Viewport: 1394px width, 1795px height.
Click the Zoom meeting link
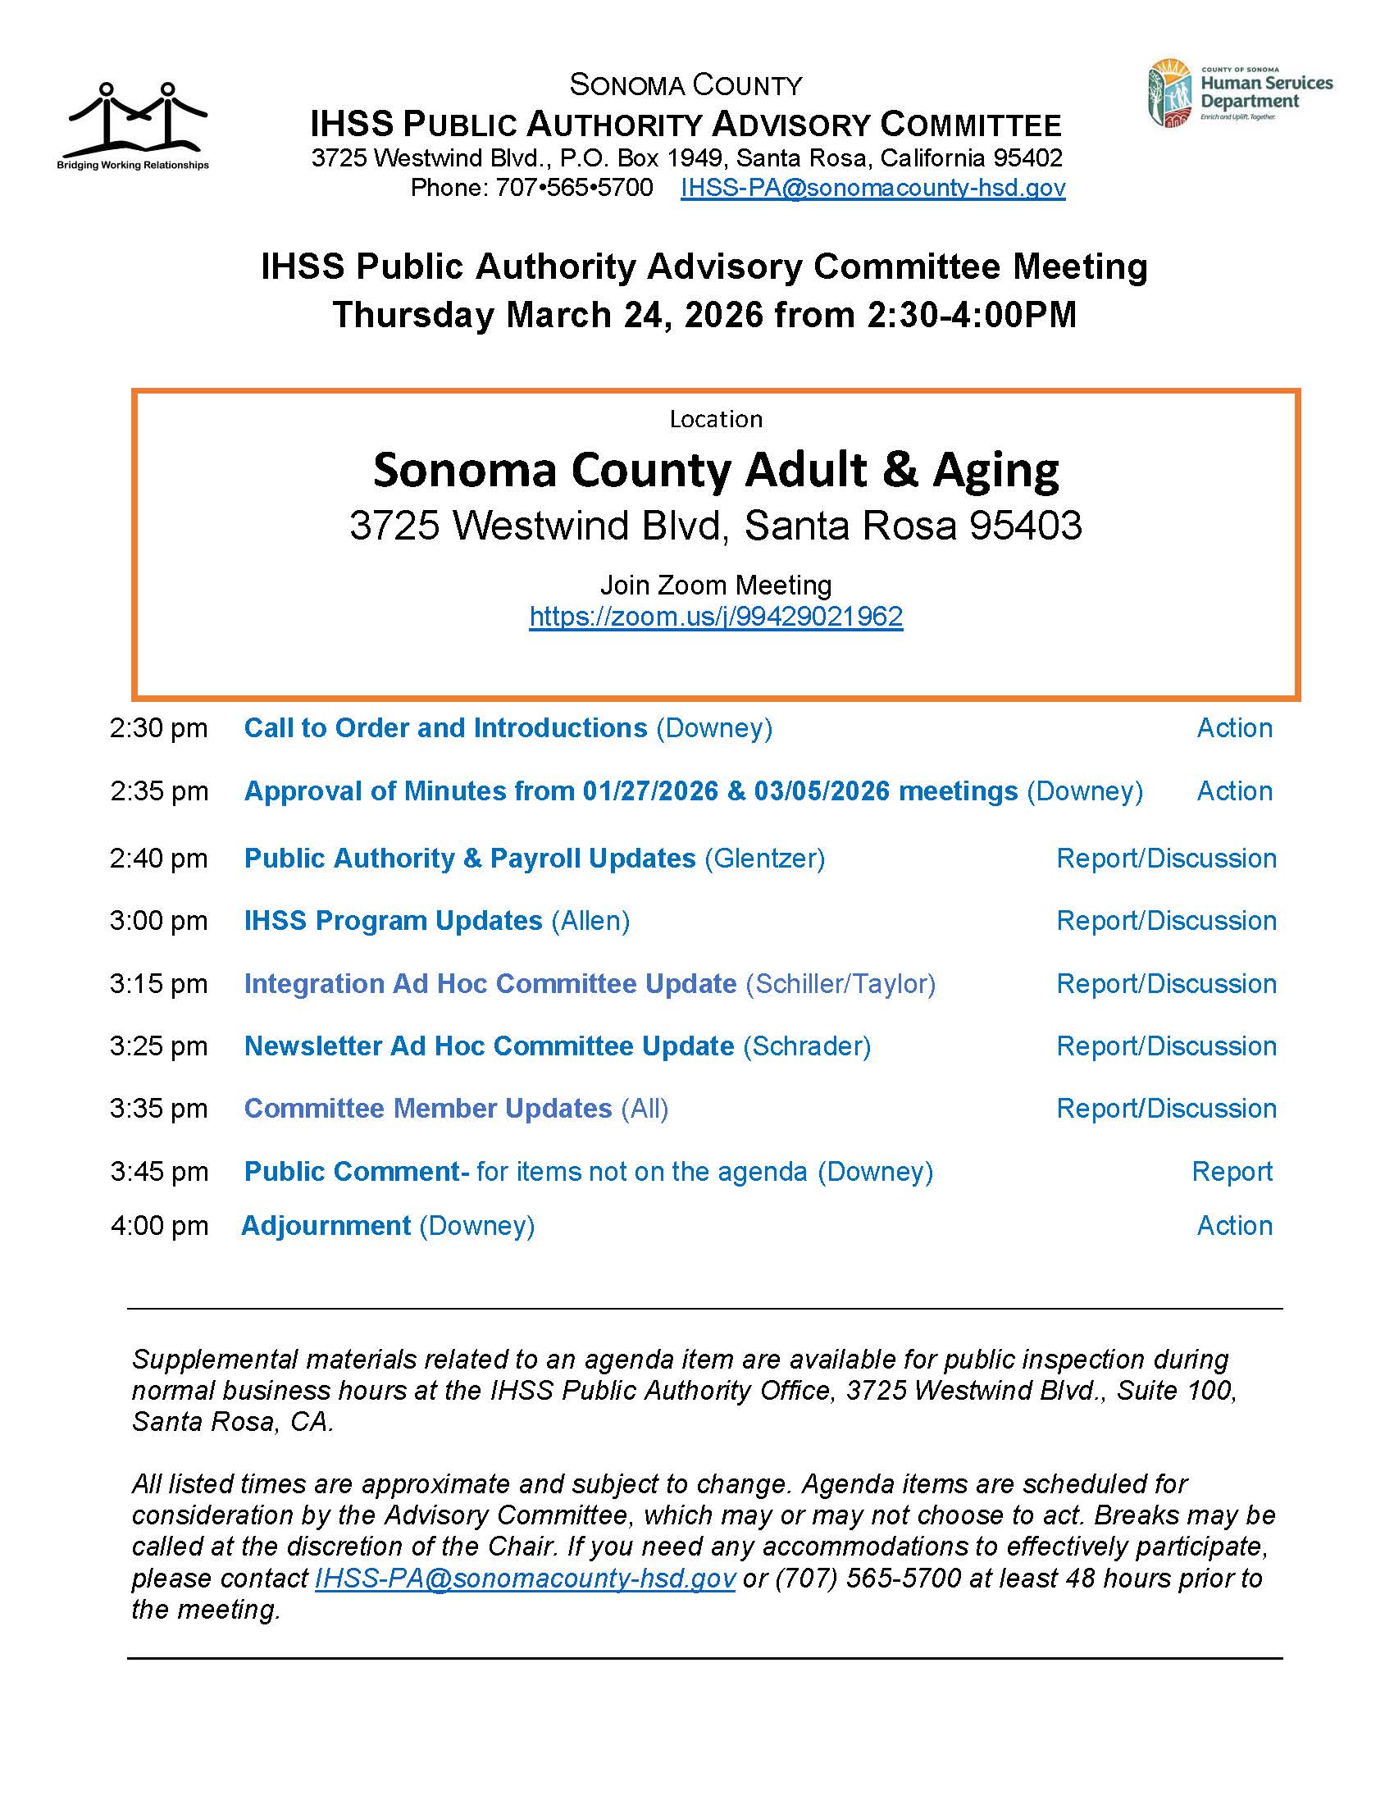pos(715,617)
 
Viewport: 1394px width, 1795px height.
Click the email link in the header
pos(872,188)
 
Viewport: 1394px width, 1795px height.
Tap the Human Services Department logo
pos(1240,93)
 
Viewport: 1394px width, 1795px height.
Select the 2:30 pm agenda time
pos(158,727)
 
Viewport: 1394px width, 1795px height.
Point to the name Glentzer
pos(764,858)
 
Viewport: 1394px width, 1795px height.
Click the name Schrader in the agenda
pos(807,1046)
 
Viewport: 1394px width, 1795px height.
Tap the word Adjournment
pos(326,1225)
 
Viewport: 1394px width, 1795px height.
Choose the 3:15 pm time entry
pos(158,983)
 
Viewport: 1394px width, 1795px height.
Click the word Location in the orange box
pos(716,419)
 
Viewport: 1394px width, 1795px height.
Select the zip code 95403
pos(1025,526)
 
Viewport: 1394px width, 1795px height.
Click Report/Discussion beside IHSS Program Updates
pos(1165,921)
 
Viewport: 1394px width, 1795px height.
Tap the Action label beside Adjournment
pos(1234,1225)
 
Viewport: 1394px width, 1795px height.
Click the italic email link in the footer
pos(525,1578)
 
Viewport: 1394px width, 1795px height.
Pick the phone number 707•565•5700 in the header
pos(574,188)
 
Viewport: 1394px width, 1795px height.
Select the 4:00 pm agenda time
pos(158,1225)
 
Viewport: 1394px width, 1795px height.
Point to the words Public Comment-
pos(357,1171)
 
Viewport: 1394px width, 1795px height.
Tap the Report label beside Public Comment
pos(1232,1171)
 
